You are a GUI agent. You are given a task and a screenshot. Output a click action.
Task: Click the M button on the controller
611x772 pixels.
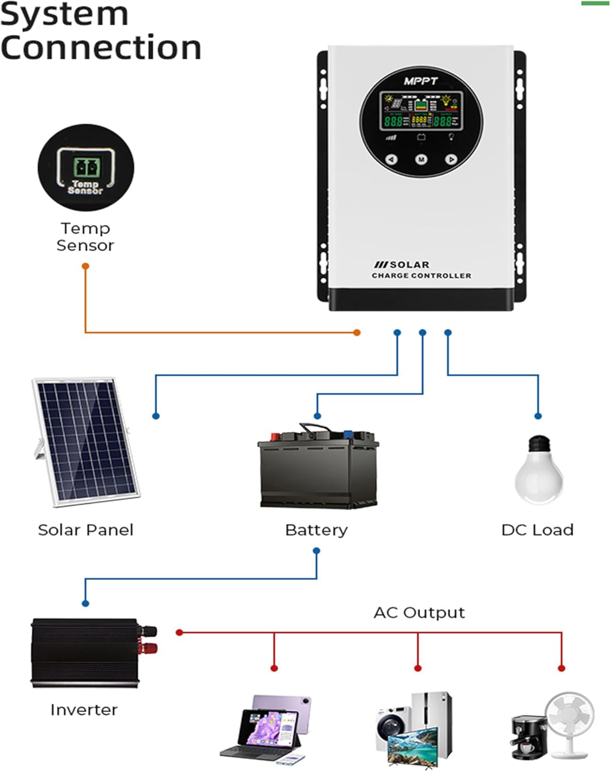pos(421,160)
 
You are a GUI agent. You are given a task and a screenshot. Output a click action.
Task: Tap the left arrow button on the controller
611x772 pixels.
pos(392,160)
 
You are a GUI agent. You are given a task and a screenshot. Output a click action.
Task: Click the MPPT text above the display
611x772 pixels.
pos(420,81)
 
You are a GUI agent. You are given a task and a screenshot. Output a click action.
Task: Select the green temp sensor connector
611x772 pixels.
pos(85,167)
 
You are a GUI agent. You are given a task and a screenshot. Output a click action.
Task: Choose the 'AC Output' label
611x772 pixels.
pos(419,612)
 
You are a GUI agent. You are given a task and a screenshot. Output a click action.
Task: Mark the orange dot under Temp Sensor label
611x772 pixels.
pos(86,266)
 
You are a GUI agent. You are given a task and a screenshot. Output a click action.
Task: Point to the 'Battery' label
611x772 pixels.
pos(316,530)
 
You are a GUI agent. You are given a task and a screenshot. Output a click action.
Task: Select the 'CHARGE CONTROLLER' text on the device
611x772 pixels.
pos(421,276)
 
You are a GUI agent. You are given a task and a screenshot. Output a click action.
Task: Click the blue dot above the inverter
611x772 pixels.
pos(86,603)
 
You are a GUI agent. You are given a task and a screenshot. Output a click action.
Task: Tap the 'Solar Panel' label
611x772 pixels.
pos(86,530)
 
